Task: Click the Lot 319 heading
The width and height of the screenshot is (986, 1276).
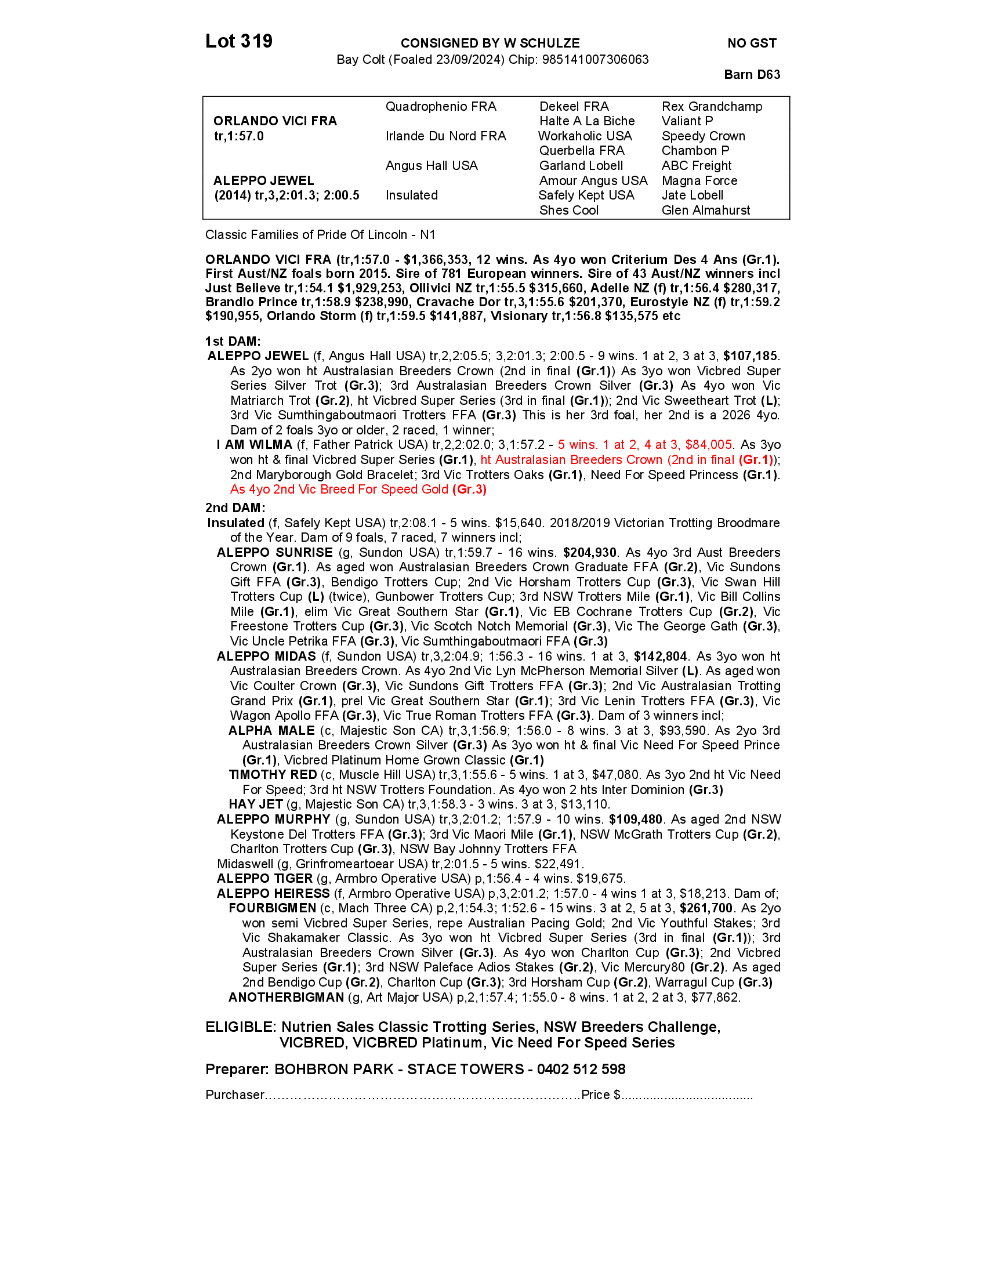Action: coord(239,42)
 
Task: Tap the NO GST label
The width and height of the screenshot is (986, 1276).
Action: coord(752,43)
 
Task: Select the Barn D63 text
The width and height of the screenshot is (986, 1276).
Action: coord(752,75)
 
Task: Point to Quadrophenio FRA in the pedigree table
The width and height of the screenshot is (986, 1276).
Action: coord(440,107)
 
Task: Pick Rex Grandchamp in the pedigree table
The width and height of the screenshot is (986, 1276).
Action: coord(712,107)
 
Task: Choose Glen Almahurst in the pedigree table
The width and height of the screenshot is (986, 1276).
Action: coord(706,211)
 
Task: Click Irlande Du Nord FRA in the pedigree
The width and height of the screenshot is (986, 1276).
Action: coord(445,136)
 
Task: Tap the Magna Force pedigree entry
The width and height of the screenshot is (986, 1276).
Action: coord(699,181)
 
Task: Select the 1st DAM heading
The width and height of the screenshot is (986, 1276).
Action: coord(233,342)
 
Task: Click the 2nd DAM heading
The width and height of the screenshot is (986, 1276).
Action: coord(235,508)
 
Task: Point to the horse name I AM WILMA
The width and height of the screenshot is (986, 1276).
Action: coord(254,445)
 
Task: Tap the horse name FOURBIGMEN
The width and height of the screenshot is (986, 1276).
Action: coord(272,908)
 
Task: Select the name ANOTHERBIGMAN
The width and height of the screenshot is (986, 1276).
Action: coord(286,998)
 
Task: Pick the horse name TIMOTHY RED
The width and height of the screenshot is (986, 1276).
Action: coord(273,775)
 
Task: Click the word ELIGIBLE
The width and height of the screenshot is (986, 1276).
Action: coord(240,1027)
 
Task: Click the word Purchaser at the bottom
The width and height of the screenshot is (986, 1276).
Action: coord(235,1095)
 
